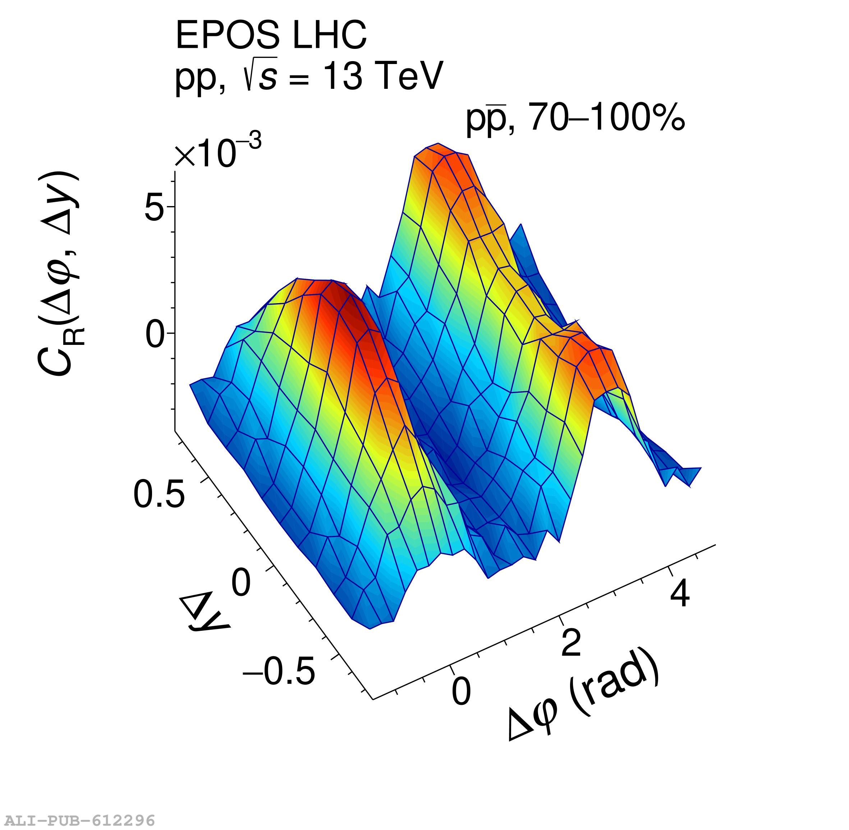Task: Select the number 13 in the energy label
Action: (x=343, y=76)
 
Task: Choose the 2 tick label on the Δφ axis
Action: (x=571, y=643)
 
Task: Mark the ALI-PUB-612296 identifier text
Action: (x=78, y=820)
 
